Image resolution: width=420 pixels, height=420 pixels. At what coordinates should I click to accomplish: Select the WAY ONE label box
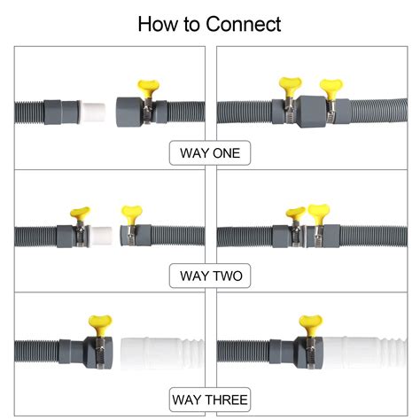click(210, 153)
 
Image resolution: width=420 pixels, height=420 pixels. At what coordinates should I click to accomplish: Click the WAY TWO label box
click(210, 276)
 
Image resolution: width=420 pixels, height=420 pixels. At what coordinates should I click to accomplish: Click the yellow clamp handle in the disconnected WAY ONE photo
click(146, 88)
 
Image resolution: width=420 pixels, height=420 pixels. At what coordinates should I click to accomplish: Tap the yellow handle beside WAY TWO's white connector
click(82, 214)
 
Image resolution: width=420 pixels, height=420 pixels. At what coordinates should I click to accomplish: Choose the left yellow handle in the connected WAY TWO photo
click(295, 214)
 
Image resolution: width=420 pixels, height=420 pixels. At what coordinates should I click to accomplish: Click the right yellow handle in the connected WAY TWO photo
click(317, 213)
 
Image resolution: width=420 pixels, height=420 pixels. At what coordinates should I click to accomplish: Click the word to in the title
click(191, 24)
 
